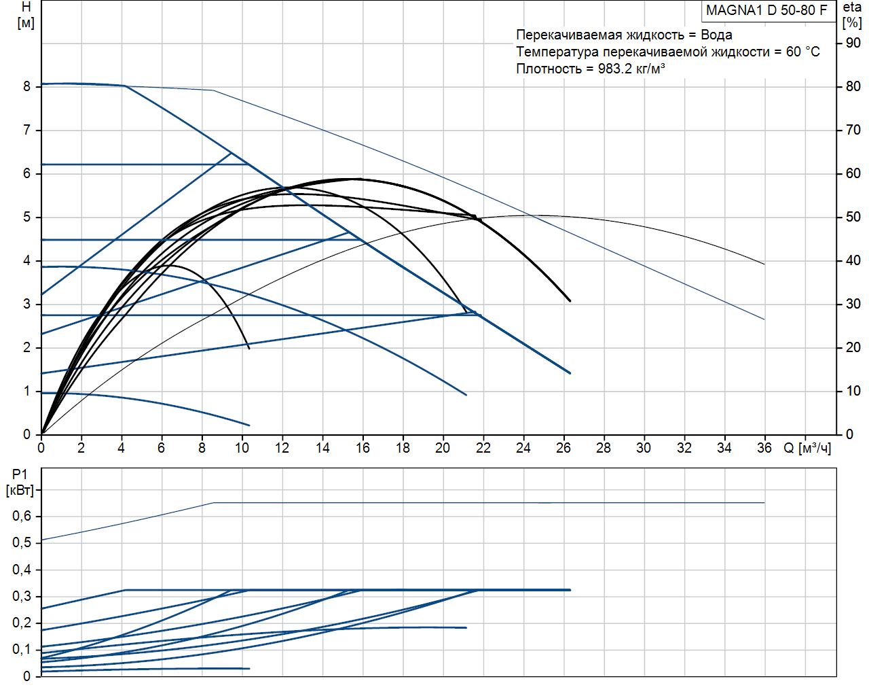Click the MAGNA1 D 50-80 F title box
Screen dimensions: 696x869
[766, 10]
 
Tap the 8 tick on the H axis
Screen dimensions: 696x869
[27, 86]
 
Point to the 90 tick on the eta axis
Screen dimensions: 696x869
[853, 43]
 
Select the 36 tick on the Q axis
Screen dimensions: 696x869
[764, 448]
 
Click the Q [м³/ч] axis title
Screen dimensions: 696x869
[807, 448]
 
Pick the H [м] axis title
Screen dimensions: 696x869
[26, 15]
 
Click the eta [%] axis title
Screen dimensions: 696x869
[852, 15]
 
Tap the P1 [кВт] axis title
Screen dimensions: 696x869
[20, 482]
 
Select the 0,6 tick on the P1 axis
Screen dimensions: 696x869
[22, 516]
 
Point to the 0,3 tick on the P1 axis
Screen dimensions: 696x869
[22, 596]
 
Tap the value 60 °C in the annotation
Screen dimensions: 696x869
[802, 52]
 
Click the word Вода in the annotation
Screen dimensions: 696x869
[716, 35]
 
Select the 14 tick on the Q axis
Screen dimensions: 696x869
[322, 448]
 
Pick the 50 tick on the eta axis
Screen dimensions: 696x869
[853, 217]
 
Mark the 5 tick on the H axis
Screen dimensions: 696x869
[27, 217]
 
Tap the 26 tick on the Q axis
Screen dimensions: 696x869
[563, 448]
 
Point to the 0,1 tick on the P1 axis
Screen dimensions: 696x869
[22, 649]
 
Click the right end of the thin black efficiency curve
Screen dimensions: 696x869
[764, 264]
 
